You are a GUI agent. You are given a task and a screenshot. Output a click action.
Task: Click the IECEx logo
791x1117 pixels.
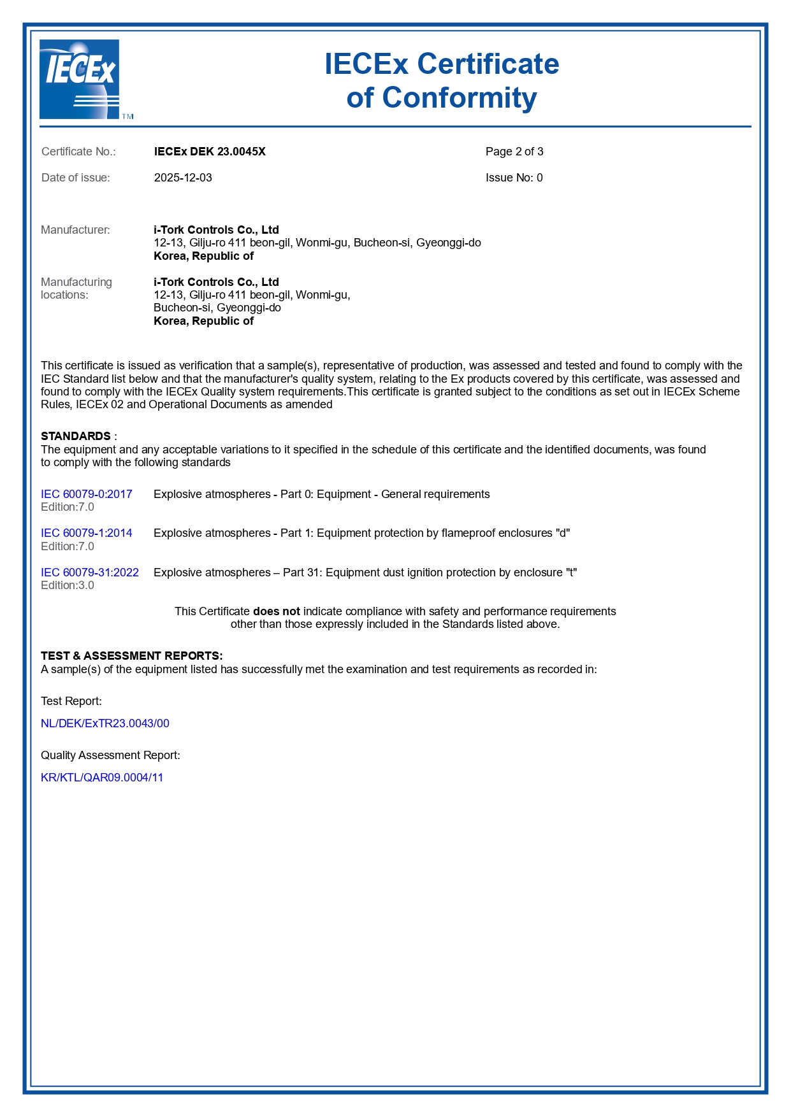[x=80, y=79]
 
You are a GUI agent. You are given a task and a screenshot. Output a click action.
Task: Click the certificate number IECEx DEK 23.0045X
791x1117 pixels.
[x=210, y=152]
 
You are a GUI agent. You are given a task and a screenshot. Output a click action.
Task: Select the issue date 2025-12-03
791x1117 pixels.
[x=183, y=178]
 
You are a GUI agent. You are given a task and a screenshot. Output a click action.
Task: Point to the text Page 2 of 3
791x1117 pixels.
[x=514, y=152]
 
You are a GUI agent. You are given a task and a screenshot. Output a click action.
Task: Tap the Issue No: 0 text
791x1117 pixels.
[x=514, y=178]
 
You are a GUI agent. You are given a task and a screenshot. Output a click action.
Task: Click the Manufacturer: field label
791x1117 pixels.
[x=75, y=230]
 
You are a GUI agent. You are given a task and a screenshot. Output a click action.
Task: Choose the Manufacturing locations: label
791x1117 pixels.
[x=76, y=288]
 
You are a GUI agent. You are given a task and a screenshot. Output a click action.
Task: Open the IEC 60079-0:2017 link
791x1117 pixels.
[x=87, y=494]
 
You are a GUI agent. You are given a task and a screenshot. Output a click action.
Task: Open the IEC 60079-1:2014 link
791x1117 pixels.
[x=87, y=533]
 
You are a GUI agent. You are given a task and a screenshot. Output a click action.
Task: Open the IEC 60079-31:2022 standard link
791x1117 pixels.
[x=90, y=573]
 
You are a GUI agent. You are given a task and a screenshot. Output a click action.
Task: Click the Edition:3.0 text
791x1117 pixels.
[x=68, y=585]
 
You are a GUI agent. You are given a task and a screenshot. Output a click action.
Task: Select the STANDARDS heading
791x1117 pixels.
[x=76, y=436]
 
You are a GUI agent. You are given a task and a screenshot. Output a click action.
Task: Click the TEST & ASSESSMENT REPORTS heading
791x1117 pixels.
[x=131, y=656]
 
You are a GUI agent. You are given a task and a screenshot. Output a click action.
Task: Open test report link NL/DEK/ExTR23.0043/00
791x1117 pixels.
[x=105, y=723]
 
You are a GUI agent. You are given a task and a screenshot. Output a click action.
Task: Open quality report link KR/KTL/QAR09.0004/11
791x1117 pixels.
[x=102, y=778]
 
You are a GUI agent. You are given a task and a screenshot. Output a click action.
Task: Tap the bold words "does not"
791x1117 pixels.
[x=276, y=611]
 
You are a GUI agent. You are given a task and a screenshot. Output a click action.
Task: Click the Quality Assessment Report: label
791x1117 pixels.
[x=110, y=755]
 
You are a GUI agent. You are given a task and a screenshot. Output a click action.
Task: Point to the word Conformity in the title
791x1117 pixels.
[x=459, y=98]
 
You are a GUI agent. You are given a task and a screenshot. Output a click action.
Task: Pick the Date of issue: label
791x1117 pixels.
[x=75, y=178]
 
